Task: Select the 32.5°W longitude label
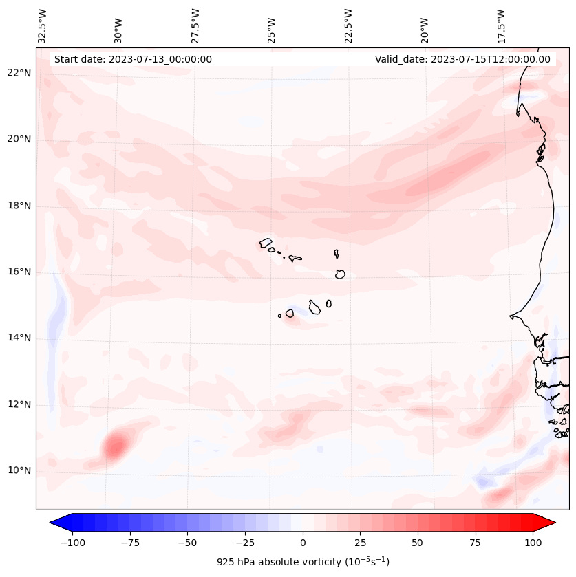point(43,25)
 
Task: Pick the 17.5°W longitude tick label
point(502,25)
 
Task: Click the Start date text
point(133,59)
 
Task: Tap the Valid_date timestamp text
point(462,59)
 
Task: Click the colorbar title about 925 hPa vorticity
point(303,562)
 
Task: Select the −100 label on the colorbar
point(72,543)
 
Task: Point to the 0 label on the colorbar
point(303,543)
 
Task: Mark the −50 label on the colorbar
point(187,543)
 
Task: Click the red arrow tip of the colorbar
point(550,523)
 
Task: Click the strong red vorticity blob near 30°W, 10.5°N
point(114,448)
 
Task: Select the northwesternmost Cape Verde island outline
point(266,243)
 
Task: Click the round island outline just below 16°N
point(340,274)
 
